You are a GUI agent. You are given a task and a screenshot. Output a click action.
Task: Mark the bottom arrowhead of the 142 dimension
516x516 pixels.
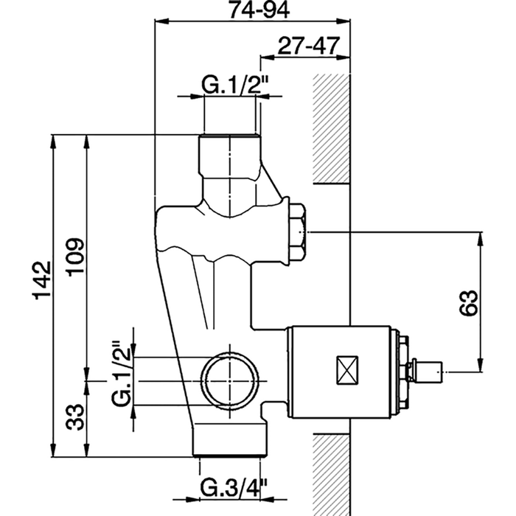pyautogui.click(x=53, y=456)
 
